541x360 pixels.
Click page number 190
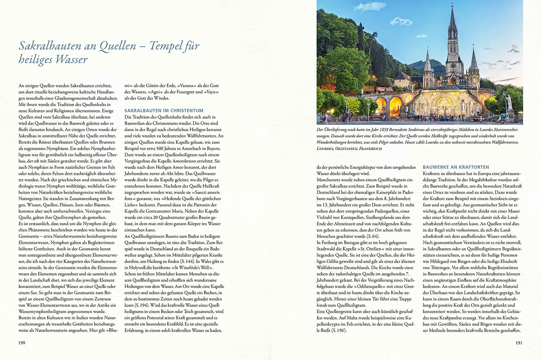(x=22, y=343)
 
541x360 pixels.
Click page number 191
(x=519, y=343)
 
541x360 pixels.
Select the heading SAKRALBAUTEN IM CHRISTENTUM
(x=164, y=111)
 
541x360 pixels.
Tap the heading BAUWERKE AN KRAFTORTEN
(x=456, y=167)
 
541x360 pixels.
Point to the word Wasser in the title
(x=72, y=59)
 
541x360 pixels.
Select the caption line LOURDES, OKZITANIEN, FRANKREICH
(x=349, y=148)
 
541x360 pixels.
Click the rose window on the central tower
(x=452, y=67)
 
